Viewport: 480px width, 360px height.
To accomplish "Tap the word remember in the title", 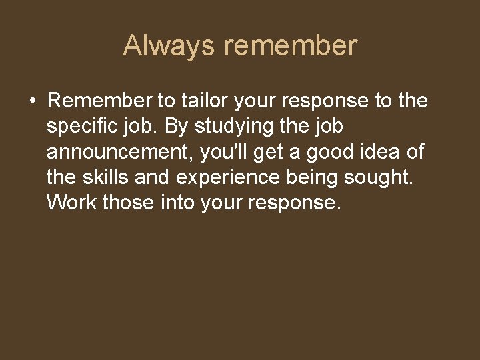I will click(x=291, y=46).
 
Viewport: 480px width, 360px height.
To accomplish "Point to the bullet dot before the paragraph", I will click(x=32, y=101).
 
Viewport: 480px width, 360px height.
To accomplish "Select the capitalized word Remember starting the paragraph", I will click(x=99, y=101).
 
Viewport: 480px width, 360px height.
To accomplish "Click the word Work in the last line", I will click(x=72, y=203).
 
